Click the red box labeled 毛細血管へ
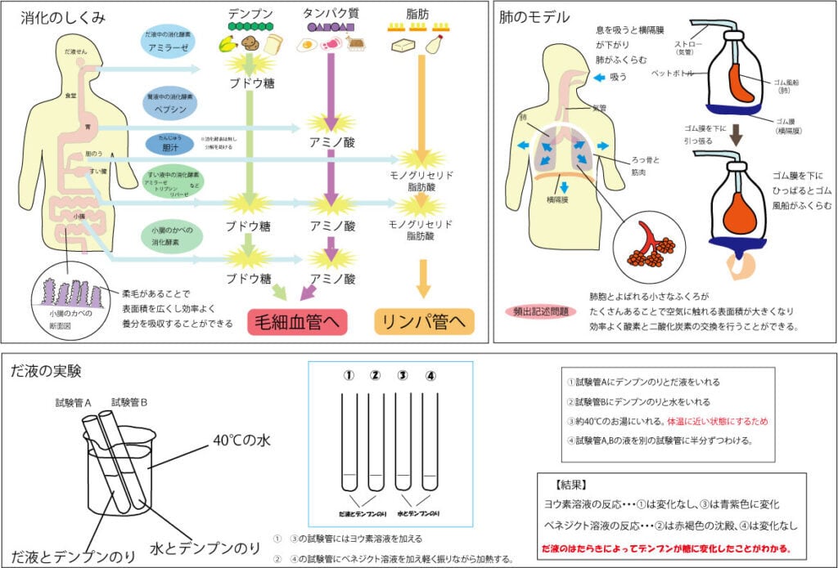[x=298, y=321]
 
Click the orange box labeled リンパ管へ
[x=424, y=321]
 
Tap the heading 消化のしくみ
[x=58, y=16]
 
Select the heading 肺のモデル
[x=535, y=17]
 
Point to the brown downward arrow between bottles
[x=736, y=135]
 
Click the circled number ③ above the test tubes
[x=402, y=376]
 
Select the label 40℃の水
[x=241, y=440]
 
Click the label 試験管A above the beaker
[x=73, y=402]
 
